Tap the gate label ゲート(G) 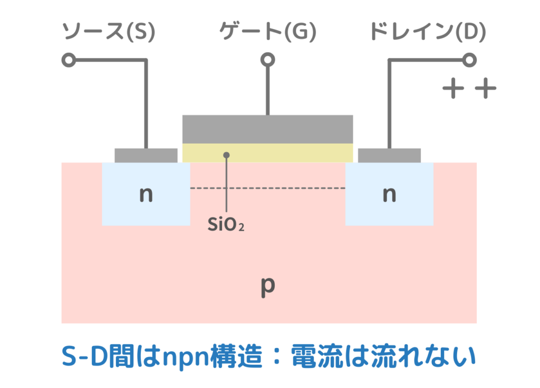pos(267,33)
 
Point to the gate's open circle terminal pos(267,60)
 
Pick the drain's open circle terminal pos(468,60)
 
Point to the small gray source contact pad pos(146,155)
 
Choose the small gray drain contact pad pos(389,155)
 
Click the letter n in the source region pos(146,195)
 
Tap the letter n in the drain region pos(389,195)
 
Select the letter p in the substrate pos(268,286)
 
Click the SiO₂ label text pos(226,225)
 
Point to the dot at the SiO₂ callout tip pos(226,155)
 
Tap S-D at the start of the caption pos(84,357)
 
